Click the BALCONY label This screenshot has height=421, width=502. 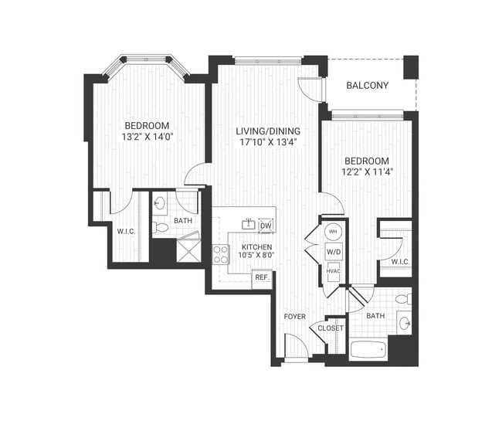[367, 85]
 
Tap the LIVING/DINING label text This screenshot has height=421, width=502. [267, 131]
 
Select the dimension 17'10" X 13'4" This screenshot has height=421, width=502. [267, 142]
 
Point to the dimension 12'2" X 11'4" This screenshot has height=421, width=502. [369, 173]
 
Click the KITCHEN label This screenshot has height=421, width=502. [255, 247]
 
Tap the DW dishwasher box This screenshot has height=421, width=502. [266, 226]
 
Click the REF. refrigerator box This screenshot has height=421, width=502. [262, 277]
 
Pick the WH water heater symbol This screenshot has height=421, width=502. [333, 231]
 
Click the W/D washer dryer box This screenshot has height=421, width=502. [333, 250]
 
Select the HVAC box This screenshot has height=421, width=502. [333, 270]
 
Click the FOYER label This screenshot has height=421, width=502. [295, 317]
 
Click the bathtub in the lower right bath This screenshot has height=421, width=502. [368, 349]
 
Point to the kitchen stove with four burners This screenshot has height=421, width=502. [221, 254]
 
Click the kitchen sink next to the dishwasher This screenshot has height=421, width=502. [248, 225]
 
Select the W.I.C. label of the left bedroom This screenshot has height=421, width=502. [126, 231]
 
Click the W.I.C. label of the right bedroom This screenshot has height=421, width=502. [399, 262]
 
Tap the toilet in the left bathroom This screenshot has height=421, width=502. [160, 228]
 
